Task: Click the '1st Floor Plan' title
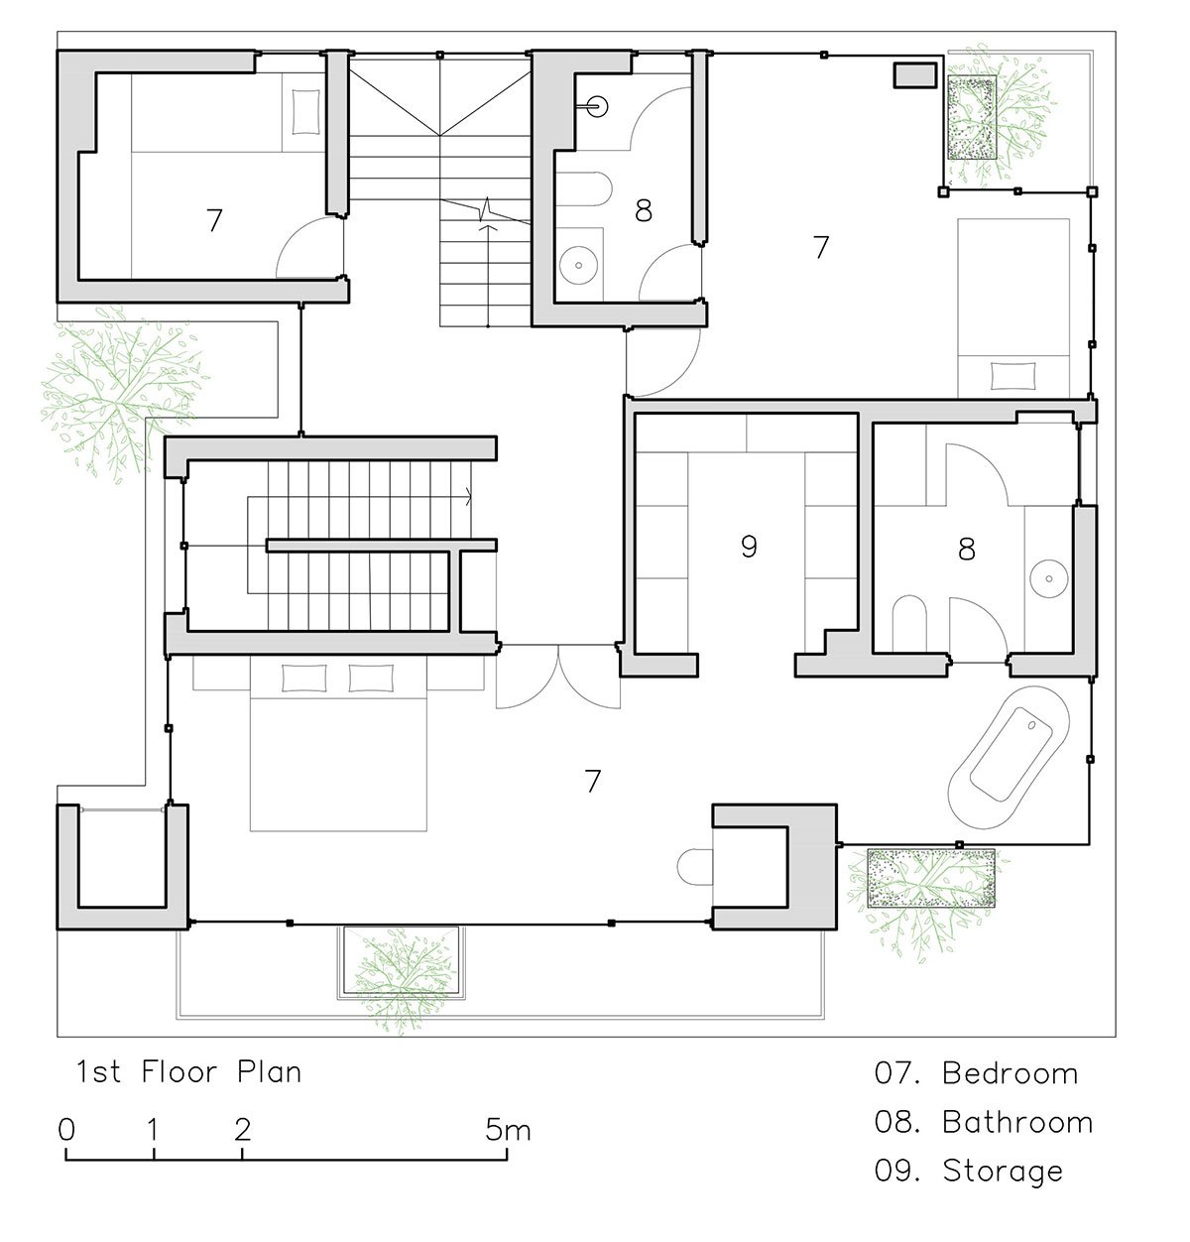click(188, 1071)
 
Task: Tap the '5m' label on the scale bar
click(508, 1130)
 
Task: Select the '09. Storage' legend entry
click(969, 1172)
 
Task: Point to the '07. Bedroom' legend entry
click(976, 1073)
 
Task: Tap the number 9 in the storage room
click(749, 547)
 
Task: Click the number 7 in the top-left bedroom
click(214, 220)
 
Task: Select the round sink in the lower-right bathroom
click(1049, 579)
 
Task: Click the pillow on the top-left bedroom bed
click(305, 112)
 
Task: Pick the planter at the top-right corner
click(972, 117)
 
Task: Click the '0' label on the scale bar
click(66, 1130)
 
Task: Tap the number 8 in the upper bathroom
click(644, 210)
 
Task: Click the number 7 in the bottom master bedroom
click(593, 781)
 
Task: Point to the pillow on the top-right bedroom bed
click(1013, 375)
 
